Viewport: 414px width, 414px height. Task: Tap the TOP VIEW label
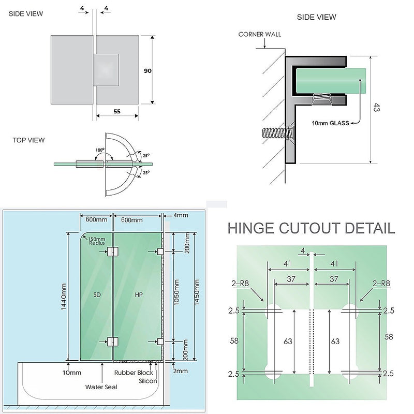click(29, 140)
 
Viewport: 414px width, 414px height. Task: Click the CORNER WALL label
click(260, 35)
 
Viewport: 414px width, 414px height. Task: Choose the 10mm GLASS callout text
click(330, 123)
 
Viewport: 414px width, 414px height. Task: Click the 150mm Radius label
click(97, 240)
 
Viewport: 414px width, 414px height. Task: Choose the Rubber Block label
click(134, 373)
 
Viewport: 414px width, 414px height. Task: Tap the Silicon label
click(148, 380)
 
